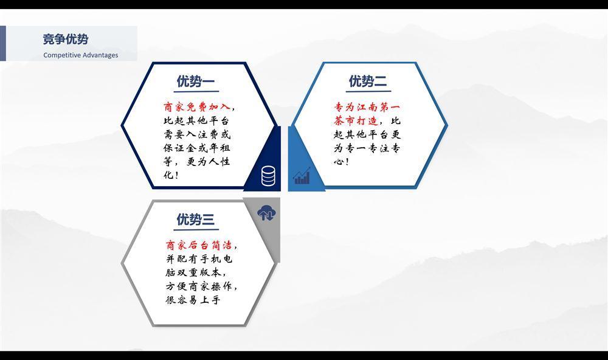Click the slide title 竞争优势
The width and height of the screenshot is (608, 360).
pyautogui.click(x=66, y=39)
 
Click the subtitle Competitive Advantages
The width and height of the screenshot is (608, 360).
pyautogui.click(x=81, y=55)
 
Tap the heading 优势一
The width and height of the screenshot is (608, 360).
pyautogui.click(x=196, y=81)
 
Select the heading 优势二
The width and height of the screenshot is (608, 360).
pyautogui.click(x=368, y=81)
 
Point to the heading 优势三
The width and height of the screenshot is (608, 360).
pyautogui.click(x=195, y=219)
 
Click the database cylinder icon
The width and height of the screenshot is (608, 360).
pyautogui.click(x=268, y=176)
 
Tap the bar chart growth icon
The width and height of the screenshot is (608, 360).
pyautogui.click(x=302, y=176)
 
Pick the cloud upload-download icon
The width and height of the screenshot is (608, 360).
pyautogui.click(x=266, y=213)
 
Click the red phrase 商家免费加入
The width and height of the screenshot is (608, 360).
pyautogui.click(x=196, y=106)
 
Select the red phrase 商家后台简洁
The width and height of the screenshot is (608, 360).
pyautogui.click(x=199, y=245)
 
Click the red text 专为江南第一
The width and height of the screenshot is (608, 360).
pyautogui.click(x=367, y=106)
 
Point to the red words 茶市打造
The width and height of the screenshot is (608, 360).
pyautogui.click(x=356, y=120)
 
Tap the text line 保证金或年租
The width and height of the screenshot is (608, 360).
pyautogui.click(x=196, y=148)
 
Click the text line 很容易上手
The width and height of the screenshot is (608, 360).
pyautogui.click(x=193, y=300)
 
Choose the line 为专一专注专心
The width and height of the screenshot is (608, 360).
pyautogui.click(x=367, y=148)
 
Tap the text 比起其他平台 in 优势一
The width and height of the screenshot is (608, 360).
pyautogui.click(x=196, y=120)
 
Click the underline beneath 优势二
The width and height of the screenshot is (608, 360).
pyautogui.click(x=368, y=92)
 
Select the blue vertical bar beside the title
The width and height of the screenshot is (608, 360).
pyautogui.click(x=2, y=43)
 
